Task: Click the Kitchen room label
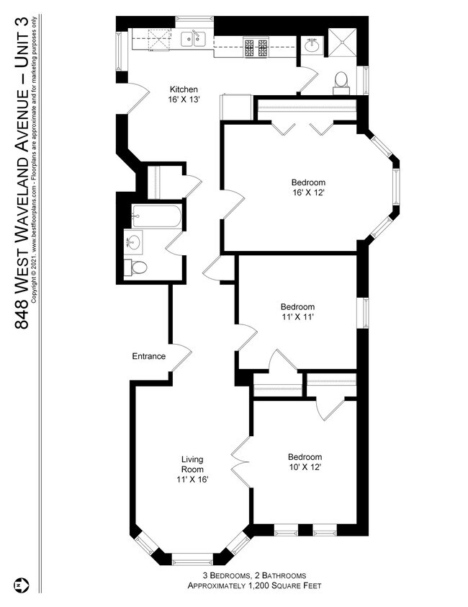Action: pos(184,89)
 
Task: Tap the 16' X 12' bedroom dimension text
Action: pos(308,192)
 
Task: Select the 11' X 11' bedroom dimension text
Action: pos(297,317)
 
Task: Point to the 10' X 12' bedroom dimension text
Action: pos(305,467)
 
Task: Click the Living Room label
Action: pos(192,464)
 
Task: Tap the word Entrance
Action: pos(149,356)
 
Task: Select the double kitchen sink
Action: pos(193,39)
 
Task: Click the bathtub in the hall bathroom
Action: pos(156,216)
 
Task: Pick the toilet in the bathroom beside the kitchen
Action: pos(341,83)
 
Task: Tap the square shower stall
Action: pos(342,43)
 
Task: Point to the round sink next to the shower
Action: pos(312,46)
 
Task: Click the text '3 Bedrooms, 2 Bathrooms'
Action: pos(254,575)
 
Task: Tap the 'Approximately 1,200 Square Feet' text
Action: pos(254,585)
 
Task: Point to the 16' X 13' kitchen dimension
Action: pos(184,99)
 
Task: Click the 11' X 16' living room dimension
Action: pos(192,479)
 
